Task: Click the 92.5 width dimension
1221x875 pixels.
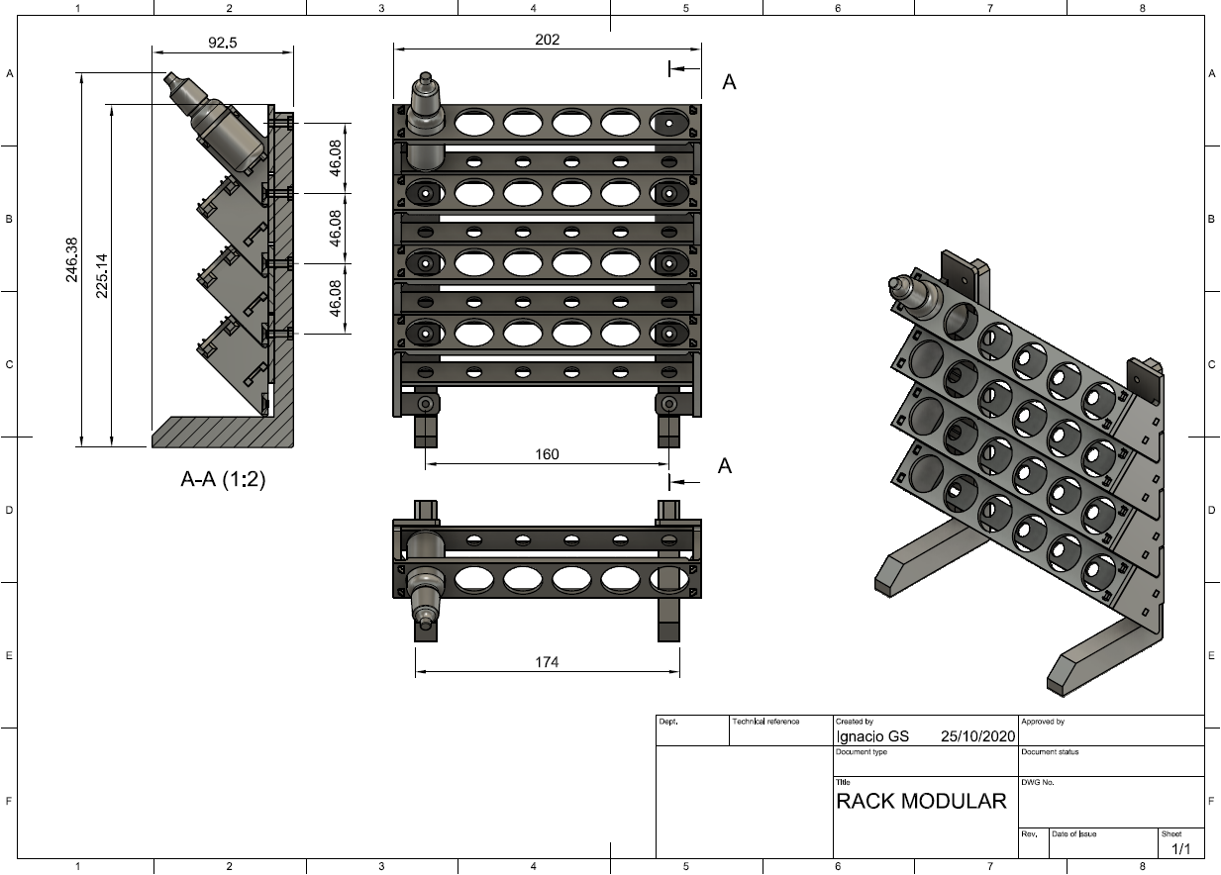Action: click(x=223, y=43)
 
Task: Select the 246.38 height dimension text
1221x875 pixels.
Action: click(x=71, y=260)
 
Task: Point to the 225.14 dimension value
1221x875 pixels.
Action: click(x=102, y=276)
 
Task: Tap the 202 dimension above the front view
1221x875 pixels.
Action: click(x=547, y=40)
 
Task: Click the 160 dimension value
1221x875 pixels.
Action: click(x=547, y=454)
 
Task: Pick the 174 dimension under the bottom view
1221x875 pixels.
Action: click(x=547, y=662)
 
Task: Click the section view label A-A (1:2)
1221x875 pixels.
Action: click(x=223, y=479)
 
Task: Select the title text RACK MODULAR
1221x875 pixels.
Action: click(x=921, y=801)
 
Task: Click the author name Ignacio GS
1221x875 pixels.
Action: click(x=872, y=736)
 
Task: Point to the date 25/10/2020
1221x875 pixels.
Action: click(x=978, y=736)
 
